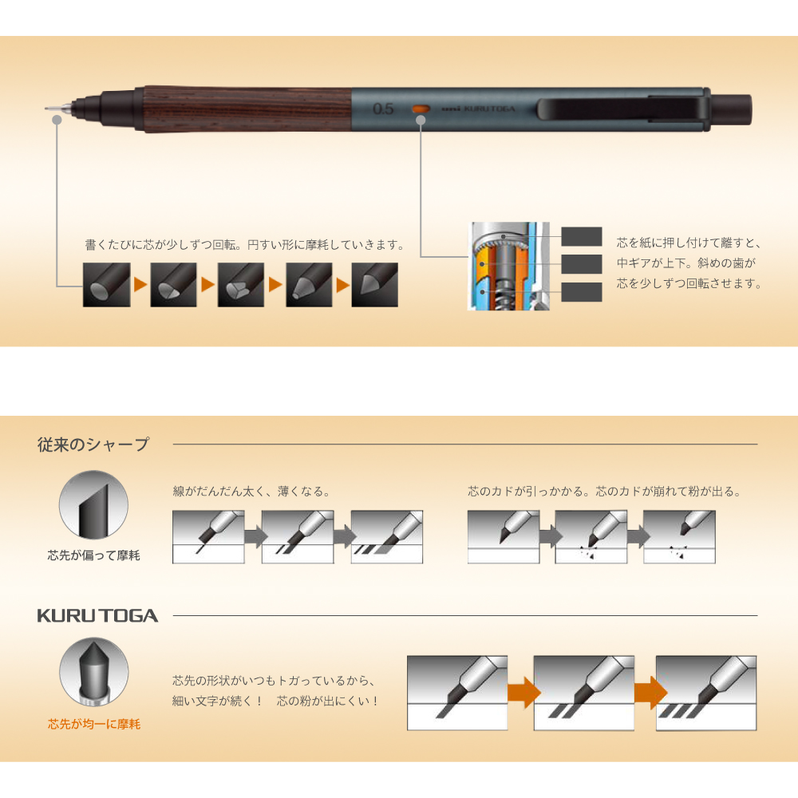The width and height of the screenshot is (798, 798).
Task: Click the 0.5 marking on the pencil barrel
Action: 383,109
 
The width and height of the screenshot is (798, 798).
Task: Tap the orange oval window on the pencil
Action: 421,109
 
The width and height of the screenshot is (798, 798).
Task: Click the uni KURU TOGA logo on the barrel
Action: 478,109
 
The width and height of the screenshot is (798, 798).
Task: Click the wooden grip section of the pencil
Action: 248,109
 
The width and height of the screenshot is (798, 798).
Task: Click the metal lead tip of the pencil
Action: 59,109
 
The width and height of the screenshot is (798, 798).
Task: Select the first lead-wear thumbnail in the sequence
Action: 106,285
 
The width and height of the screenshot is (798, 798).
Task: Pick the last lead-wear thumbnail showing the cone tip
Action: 374,285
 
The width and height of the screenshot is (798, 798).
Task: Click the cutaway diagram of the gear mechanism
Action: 509,267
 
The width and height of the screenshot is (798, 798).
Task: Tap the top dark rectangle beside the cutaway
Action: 582,237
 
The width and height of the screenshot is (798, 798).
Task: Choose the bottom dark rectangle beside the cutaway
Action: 582,291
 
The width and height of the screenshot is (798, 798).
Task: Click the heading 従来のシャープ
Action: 93,444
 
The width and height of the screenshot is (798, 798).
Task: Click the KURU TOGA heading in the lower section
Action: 97,616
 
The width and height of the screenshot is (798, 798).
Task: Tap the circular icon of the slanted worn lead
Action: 93,505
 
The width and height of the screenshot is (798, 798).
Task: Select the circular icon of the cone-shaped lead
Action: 93,672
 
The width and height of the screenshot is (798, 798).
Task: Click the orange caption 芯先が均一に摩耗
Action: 94,724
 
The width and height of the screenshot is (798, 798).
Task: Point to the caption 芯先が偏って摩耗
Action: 93,555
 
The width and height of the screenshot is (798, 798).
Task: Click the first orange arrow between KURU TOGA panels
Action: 523,692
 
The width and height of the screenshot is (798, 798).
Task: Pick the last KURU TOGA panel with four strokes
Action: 706,693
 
